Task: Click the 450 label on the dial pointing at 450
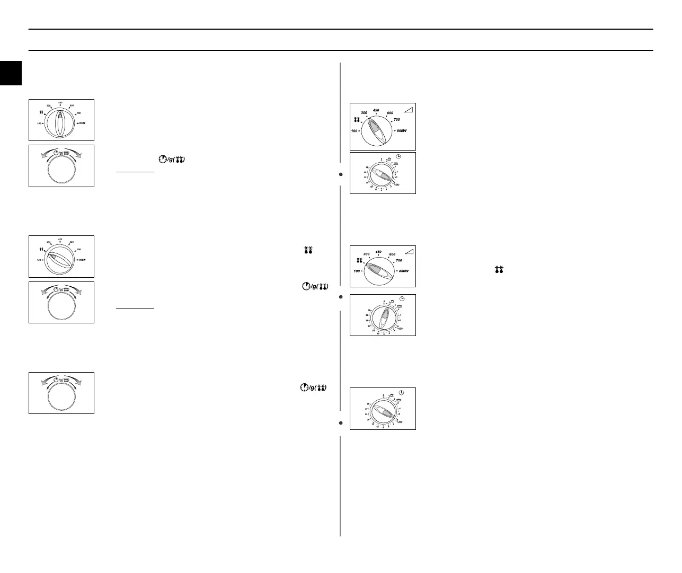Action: (x=60, y=102)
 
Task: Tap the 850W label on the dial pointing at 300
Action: (x=402, y=130)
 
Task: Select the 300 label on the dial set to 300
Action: (x=364, y=113)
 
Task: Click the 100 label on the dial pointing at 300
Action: (x=355, y=130)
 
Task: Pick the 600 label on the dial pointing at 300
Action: (x=390, y=113)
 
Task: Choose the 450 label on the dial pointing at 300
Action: (x=376, y=110)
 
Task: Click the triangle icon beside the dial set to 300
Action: (x=408, y=109)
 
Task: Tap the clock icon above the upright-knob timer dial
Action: (x=402, y=299)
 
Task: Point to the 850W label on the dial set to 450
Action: (x=83, y=123)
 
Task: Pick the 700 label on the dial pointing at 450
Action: (x=78, y=113)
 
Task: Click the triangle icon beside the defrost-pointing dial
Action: (x=408, y=251)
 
